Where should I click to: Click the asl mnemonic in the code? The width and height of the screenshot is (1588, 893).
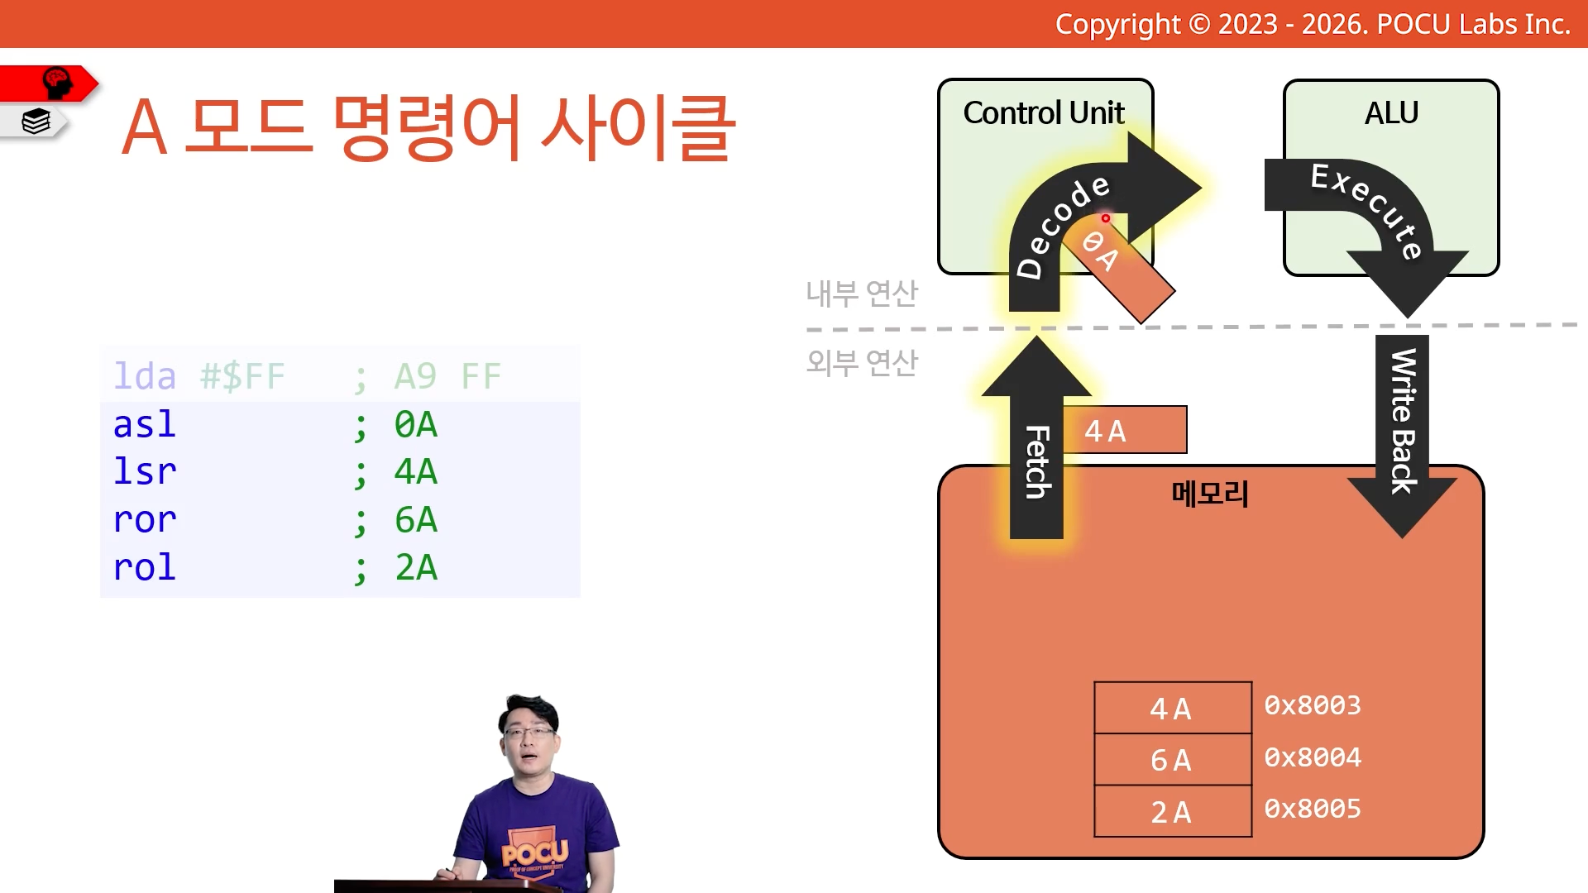[x=145, y=424]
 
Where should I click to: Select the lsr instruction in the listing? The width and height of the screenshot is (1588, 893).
[x=145, y=471]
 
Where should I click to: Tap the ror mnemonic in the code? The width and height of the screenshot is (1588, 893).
[x=145, y=520]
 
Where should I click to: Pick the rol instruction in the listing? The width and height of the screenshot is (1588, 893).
[x=145, y=567]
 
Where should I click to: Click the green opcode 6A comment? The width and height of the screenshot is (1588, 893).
[x=416, y=520]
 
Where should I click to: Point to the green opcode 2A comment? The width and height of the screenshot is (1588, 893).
[x=416, y=568]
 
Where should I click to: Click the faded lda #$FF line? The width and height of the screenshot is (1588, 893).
[x=307, y=377]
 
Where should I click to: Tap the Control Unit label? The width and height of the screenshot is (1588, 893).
[x=1044, y=112]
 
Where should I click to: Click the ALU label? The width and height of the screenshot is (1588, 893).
[x=1391, y=112]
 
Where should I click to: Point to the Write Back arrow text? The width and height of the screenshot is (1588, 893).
[x=1403, y=421]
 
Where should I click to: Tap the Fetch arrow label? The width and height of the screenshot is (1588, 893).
[x=1037, y=462]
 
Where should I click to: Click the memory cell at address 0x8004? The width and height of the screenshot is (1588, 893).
[x=1172, y=760]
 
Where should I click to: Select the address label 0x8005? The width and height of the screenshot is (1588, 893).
[x=1313, y=809]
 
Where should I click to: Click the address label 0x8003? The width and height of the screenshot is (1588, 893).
[x=1313, y=705]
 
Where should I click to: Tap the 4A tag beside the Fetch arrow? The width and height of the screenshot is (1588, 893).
[x=1125, y=430]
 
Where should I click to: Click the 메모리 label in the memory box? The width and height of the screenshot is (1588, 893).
[x=1210, y=494]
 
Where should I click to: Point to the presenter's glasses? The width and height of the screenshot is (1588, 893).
[x=529, y=732]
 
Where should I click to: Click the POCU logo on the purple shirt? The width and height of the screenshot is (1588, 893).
[x=534, y=853]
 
